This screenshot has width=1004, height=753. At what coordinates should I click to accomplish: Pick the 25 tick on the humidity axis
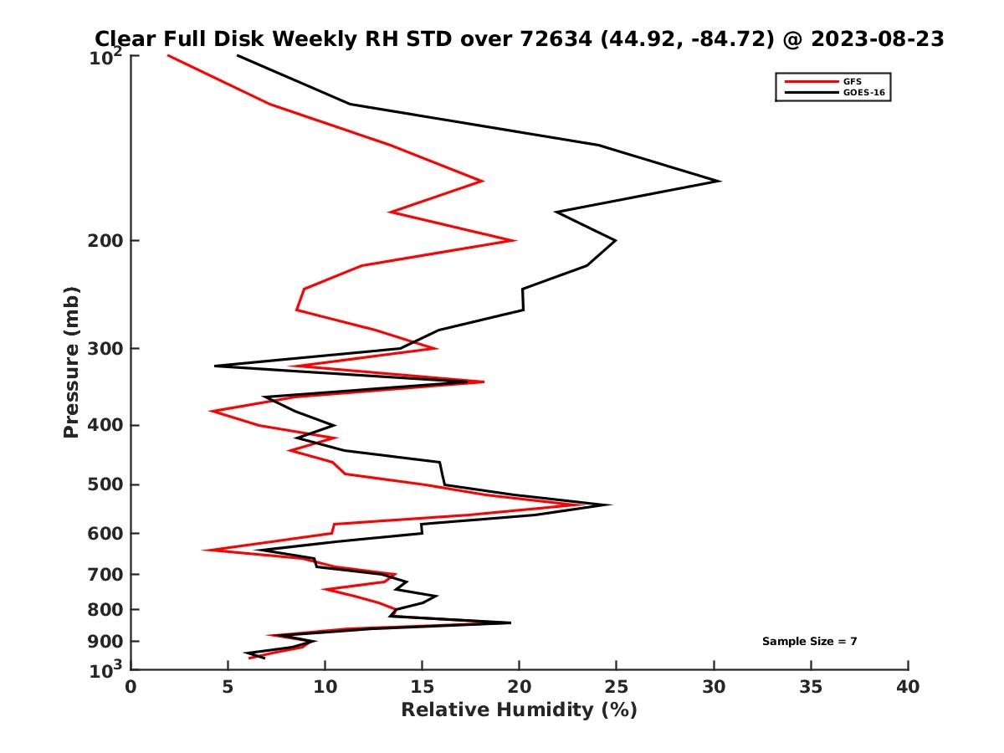(x=617, y=688)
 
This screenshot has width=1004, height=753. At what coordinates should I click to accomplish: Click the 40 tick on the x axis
(x=908, y=688)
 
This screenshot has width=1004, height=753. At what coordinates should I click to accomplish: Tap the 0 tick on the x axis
(x=131, y=688)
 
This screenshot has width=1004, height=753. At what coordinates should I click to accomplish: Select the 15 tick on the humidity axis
(x=423, y=688)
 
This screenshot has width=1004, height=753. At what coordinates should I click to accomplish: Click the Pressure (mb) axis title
(x=71, y=361)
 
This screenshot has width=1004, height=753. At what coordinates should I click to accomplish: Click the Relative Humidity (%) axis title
(x=519, y=710)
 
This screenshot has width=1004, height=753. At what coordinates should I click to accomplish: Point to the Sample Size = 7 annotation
(x=809, y=642)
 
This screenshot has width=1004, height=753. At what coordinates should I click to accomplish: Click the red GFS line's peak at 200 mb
(x=515, y=240)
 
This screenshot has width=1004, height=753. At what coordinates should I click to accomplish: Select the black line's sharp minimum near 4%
(x=215, y=366)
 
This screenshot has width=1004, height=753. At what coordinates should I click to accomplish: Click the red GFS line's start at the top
(x=168, y=55)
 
